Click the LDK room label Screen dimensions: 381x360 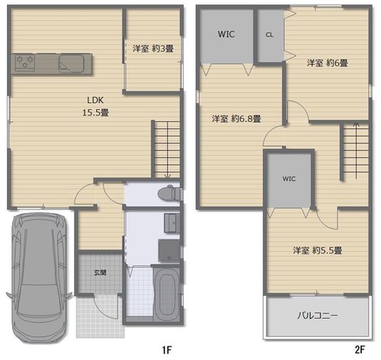point(95,100)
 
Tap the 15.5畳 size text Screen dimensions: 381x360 point(95,112)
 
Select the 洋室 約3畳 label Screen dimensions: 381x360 point(153,49)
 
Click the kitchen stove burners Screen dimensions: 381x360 point(24,63)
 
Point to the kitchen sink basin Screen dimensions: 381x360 point(71,63)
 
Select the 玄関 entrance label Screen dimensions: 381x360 point(100,273)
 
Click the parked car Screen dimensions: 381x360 point(39,278)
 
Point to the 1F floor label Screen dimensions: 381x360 point(167,350)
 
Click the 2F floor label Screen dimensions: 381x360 point(360,350)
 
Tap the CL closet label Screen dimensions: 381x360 point(270,34)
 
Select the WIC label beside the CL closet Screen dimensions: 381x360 point(226,34)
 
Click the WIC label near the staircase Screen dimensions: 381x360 point(289,178)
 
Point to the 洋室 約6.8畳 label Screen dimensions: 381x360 point(236,118)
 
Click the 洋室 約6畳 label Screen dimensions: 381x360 point(327,63)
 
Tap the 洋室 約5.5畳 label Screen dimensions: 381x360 point(318,250)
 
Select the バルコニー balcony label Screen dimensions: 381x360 point(318,316)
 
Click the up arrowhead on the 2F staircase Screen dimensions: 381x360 point(356,125)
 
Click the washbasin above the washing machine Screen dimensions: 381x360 point(171,223)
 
